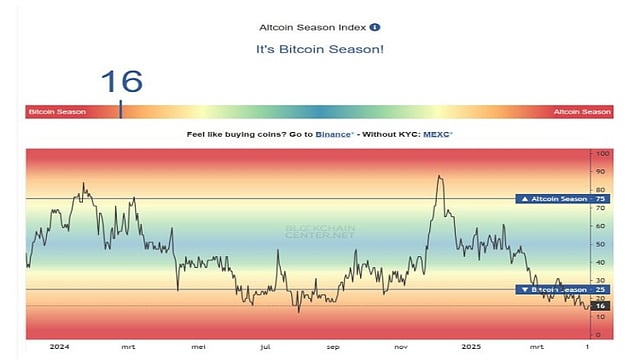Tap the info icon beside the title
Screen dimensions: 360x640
(374, 27)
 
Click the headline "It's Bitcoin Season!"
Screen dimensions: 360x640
(319, 49)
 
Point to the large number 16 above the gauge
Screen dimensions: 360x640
(121, 81)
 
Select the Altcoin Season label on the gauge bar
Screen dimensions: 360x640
(582, 112)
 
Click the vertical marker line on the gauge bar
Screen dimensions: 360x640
(121, 112)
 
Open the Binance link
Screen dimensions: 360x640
(334, 133)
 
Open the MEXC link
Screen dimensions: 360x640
(436, 133)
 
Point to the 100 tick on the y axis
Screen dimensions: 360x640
(602, 154)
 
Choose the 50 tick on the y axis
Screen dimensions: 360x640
(600, 244)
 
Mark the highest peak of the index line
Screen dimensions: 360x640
(439, 176)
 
